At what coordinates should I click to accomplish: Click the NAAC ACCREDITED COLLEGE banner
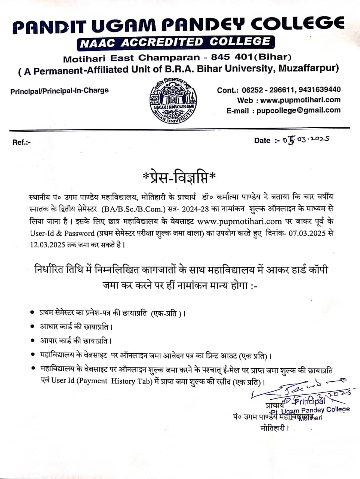(x=176, y=42)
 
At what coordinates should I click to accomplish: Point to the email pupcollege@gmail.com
(x=298, y=110)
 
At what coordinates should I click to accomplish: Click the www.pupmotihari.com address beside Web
(x=300, y=100)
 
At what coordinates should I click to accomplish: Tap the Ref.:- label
(x=21, y=142)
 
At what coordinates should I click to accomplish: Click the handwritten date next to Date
(x=306, y=140)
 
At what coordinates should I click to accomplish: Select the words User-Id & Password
(x=62, y=233)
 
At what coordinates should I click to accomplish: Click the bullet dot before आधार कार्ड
(x=33, y=326)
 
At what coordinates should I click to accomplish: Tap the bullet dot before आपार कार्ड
(x=33, y=341)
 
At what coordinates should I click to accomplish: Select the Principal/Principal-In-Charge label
(x=59, y=91)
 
